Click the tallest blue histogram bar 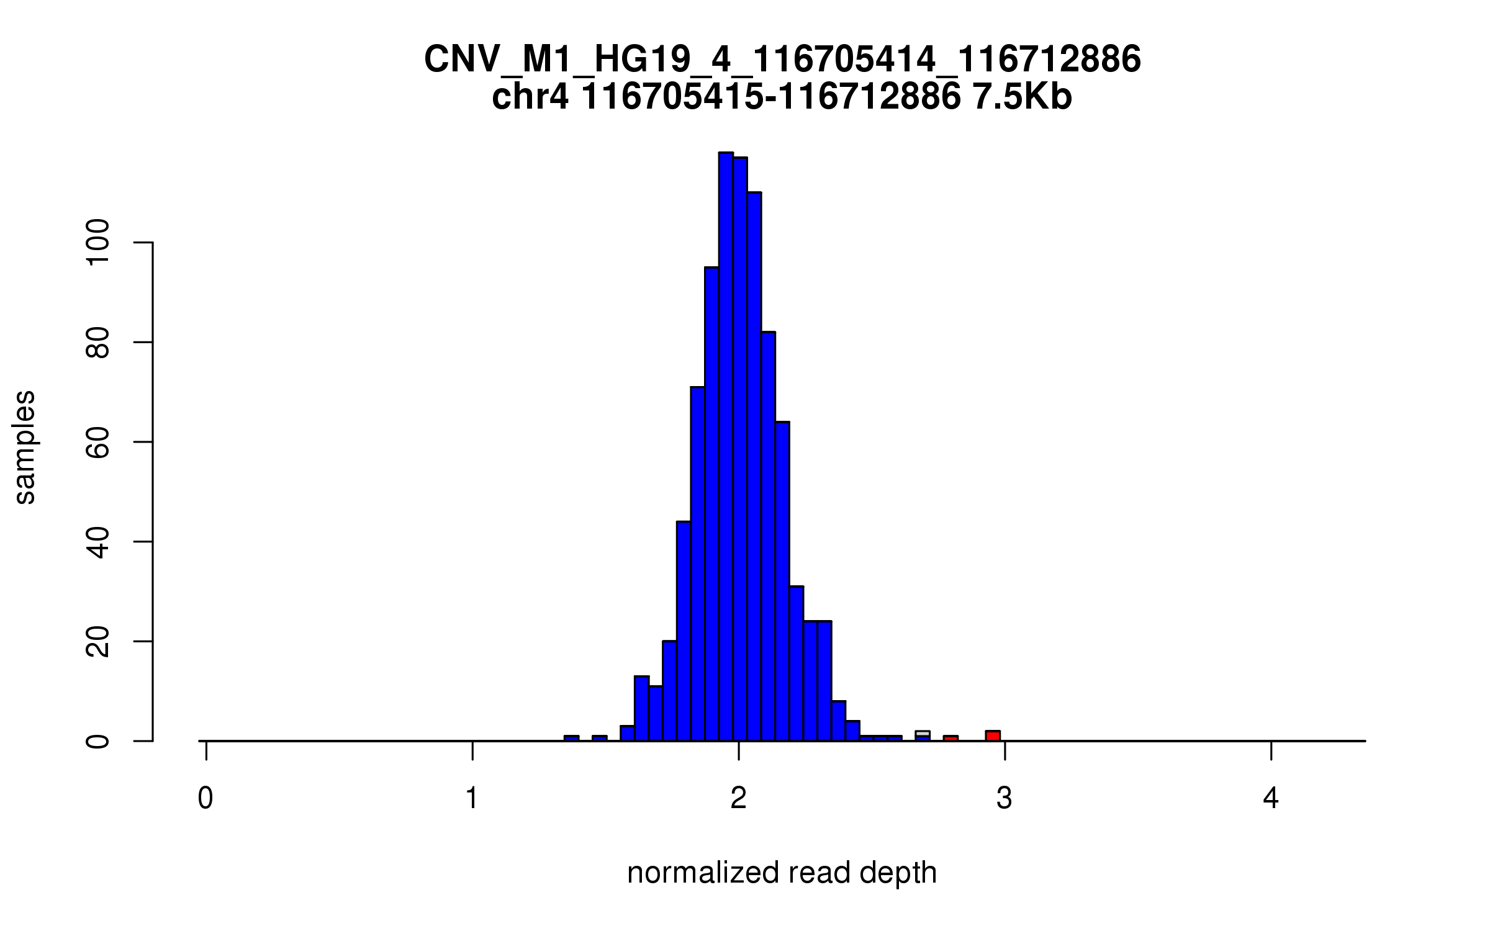[x=726, y=447]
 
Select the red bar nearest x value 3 [x=993, y=735]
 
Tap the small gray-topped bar [x=923, y=734]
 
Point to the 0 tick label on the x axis [x=205, y=799]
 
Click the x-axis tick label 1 [x=472, y=799]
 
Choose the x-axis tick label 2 [x=738, y=799]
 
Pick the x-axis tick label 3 [x=1005, y=799]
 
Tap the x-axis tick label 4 [x=1271, y=799]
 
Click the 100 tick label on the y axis [x=98, y=243]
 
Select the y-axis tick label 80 [x=98, y=342]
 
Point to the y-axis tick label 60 [x=98, y=442]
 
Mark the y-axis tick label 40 [x=98, y=541]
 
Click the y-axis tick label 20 [x=98, y=641]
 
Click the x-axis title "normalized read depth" [x=782, y=873]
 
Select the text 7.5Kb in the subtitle [x=1022, y=98]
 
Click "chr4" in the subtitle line [x=530, y=98]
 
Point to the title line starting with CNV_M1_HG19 [x=782, y=60]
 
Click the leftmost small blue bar [x=571, y=738]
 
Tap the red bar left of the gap [x=950, y=738]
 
